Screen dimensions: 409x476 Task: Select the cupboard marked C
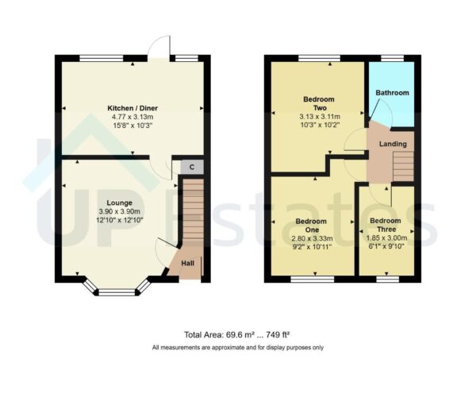pos(191,168)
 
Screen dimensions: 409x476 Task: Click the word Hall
pos(188,264)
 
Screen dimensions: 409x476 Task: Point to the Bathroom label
pos(392,94)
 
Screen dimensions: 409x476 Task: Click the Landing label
pos(393,144)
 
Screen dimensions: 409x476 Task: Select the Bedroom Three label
pos(385,226)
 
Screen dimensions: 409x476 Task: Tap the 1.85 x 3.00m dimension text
pos(385,237)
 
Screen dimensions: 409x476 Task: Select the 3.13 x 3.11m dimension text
pos(318,116)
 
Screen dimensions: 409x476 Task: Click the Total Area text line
pos(237,334)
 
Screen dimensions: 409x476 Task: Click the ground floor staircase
pos(193,214)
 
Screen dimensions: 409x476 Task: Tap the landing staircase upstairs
pos(403,166)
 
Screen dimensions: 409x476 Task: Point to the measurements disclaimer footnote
pos(237,348)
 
